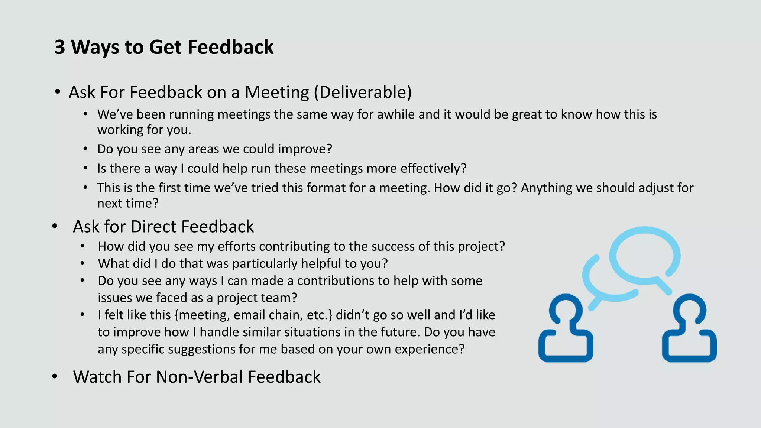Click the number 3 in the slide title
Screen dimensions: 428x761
click(60, 48)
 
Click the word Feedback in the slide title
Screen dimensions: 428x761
click(230, 48)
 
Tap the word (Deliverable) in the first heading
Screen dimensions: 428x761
click(363, 92)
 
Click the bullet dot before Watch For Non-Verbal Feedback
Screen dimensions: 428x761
click(55, 376)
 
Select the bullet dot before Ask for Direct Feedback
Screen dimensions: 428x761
click(55, 226)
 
